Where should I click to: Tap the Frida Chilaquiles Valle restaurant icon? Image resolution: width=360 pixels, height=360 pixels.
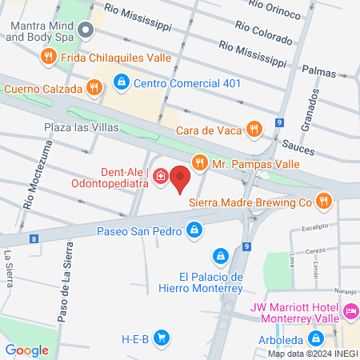pos(49,56)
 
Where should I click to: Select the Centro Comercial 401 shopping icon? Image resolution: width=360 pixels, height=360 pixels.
pos(121,82)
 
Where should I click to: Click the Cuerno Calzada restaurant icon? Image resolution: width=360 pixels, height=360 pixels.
pos(94,89)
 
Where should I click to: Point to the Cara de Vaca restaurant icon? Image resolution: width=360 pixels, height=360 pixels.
pos(254,128)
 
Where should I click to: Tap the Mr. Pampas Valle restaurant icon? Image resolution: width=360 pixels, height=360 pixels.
pos(199,164)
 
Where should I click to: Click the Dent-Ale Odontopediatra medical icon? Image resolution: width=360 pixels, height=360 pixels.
pos(160,176)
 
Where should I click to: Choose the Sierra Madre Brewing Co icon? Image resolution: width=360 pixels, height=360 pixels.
pos(324,202)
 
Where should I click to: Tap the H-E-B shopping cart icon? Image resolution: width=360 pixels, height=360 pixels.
pos(161,338)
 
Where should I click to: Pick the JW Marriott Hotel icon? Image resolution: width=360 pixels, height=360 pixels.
pos(349,310)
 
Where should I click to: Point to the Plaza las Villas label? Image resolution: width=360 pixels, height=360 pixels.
pos(81,127)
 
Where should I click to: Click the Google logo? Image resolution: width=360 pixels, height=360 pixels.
pos(27,350)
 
